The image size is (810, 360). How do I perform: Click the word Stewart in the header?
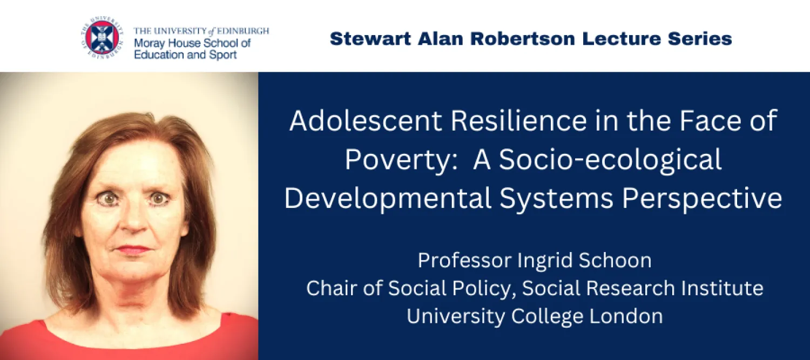[x=370, y=39]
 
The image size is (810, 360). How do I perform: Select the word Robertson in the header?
[x=523, y=39]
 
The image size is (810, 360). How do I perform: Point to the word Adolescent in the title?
[x=365, y=121]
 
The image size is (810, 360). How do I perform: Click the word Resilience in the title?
[x=518, y=121]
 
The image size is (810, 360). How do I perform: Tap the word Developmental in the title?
[x=388, y=199]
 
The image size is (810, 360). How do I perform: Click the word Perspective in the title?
[x=702, y=199]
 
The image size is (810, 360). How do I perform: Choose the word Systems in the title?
[x=557, y=199]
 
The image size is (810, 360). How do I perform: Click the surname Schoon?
[x=615, y=261]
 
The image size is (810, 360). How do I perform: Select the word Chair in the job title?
[x=332, y=288]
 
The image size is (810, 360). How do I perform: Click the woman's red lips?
[x=133, y=249]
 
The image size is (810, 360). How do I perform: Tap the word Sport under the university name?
[x=223, y=55]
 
